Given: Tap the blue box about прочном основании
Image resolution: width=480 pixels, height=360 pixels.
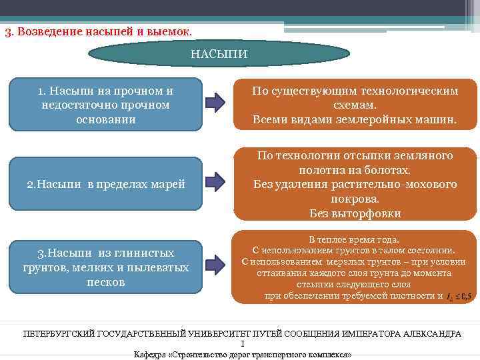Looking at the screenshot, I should click(x=105, y=105).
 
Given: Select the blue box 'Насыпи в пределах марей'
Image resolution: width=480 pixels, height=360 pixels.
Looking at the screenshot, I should click(x=105, y=184).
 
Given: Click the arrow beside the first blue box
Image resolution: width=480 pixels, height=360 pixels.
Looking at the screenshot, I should click(x=216, y=103).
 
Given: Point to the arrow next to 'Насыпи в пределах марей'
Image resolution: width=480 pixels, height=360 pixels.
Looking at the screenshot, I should click(x=216, y=183).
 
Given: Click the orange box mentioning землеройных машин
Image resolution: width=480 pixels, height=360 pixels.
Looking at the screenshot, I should click(x=355, y=105).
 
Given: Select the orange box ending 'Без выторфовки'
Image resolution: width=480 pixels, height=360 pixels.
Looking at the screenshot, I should click(x=355, y=184).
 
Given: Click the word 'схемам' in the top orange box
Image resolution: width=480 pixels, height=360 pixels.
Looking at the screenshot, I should click(x=355, y=105).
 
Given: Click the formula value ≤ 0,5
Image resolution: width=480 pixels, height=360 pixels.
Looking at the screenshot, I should click(x=463, y=297).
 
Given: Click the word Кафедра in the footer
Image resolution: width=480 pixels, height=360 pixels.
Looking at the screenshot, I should click(x=151, y=354).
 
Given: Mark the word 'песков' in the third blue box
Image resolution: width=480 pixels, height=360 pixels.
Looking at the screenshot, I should click(x=105, y=281).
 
